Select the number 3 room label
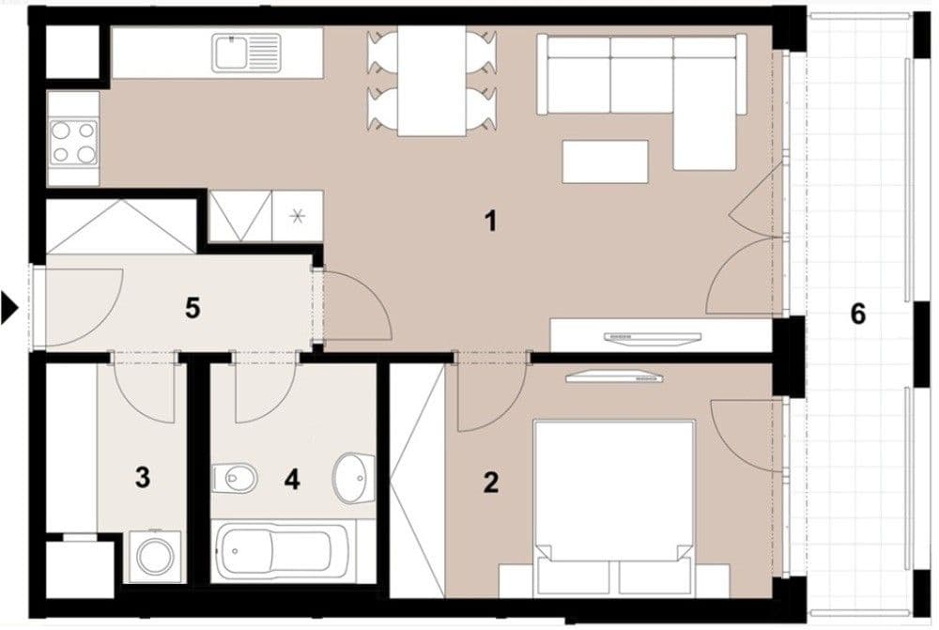(142, 477)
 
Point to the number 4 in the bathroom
(292, 480)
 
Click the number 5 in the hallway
(192, 308)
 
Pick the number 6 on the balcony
(857, 314)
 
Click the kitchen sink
(246, 52)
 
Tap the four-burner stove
(74, 141)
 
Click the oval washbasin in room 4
(353, 475)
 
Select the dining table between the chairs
(432, 81)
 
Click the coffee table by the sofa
(605, 161)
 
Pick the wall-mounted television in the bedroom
(615, 377)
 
